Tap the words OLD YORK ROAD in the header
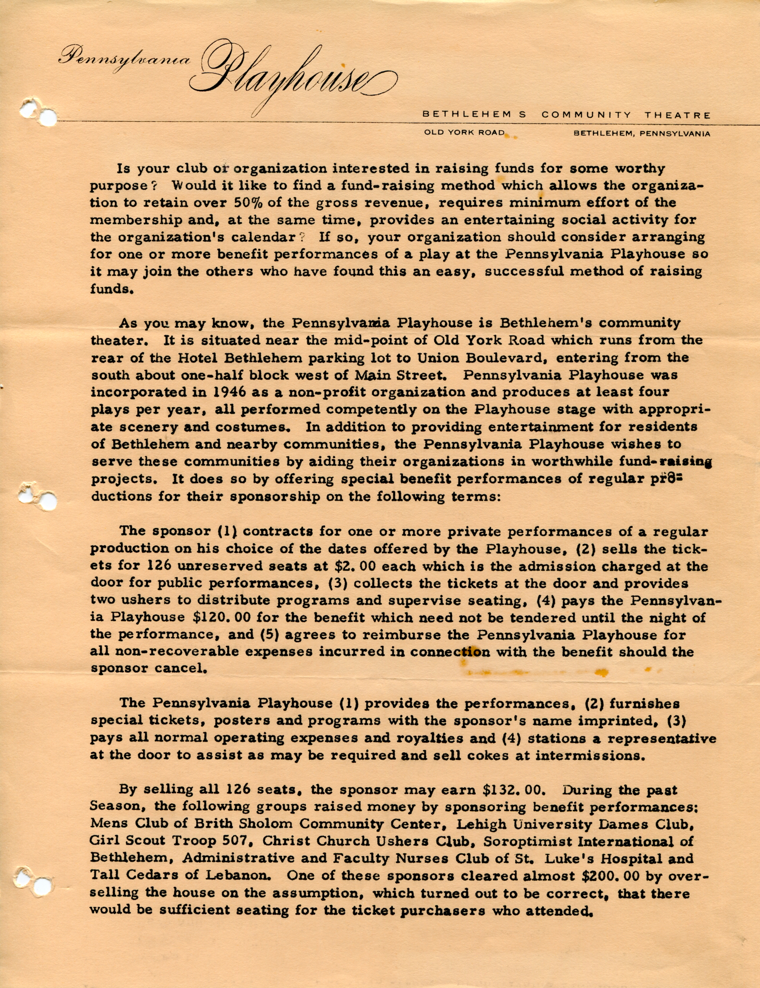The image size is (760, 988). (464, 133)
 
